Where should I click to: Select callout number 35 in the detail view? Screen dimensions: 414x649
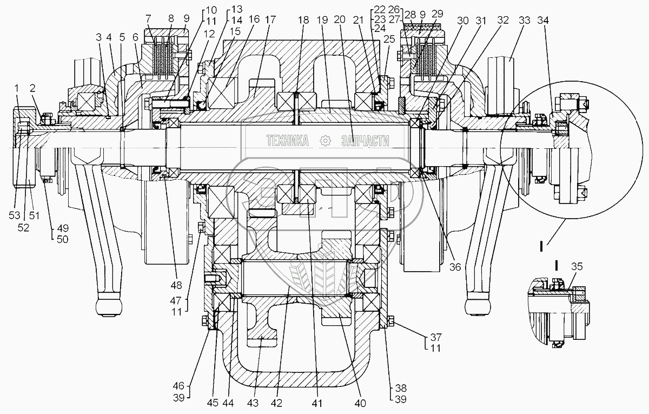577,266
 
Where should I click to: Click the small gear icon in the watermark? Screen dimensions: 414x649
326,141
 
